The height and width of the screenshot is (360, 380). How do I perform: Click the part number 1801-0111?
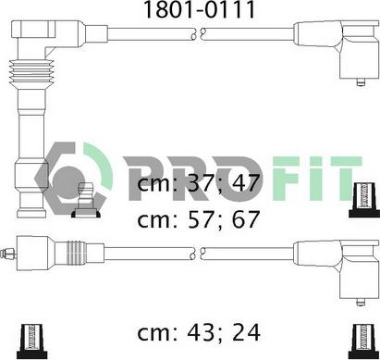click(x=200, y=9)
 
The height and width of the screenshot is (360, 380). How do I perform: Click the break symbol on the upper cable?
click(x=198, y=34)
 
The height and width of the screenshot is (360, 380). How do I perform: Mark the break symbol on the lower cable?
click(x=198, y=253)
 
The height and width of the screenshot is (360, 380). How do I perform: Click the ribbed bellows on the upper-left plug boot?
click(x=31, y=73)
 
